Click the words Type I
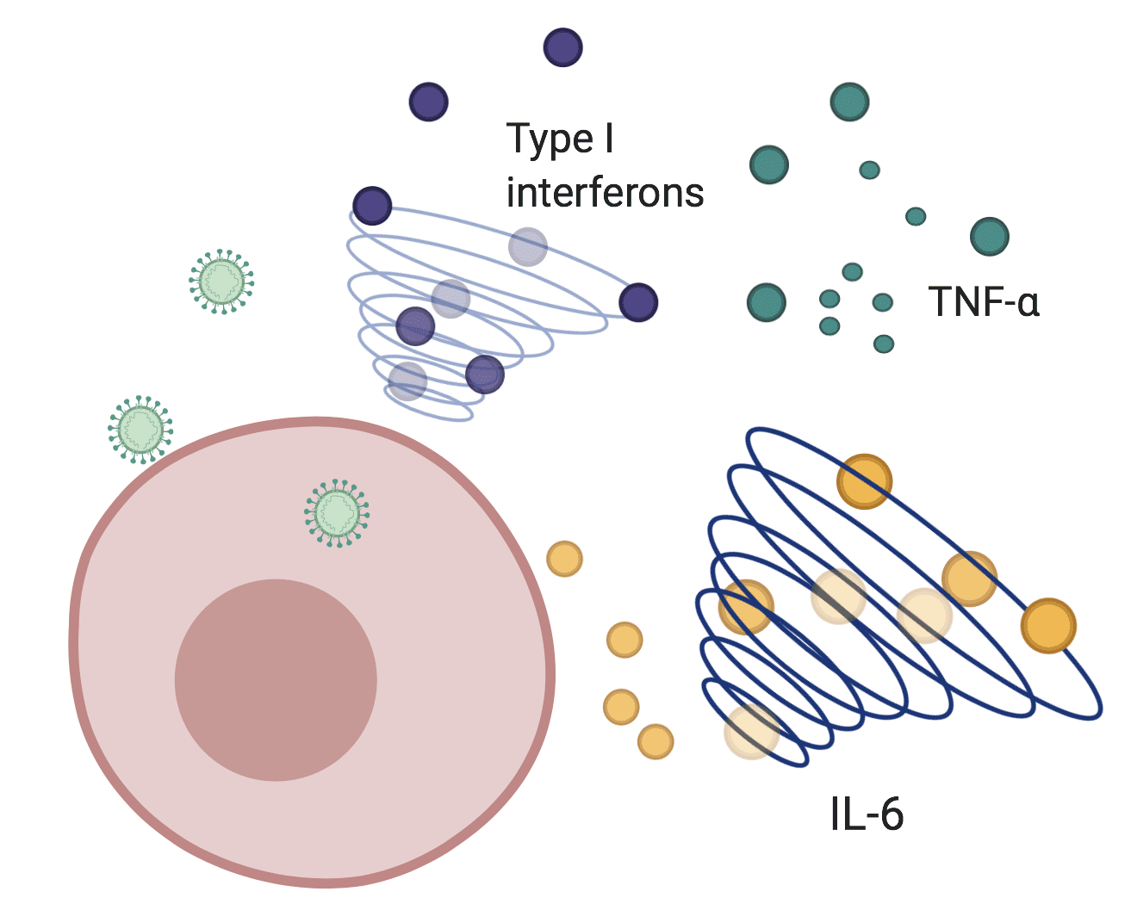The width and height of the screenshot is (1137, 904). click(x=560, y=139)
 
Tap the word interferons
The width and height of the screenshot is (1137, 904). click(x=605, y=193)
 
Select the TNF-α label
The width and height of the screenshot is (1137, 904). click(x=984, y=302)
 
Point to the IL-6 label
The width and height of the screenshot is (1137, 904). click(x=867, y=814)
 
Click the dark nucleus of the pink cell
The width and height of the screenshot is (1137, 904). click(x=276, y=679)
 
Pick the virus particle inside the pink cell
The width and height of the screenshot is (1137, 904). click(x=337, y=514)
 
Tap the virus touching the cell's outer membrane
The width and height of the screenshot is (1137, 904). click(x=140, y=430)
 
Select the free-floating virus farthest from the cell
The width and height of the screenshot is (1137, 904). click(x=221, y=281)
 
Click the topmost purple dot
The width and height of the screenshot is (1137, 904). click(x=563, y=47)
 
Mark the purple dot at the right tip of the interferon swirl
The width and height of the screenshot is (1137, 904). click(x=638, y=302)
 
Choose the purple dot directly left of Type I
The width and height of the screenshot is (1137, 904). click(x=428, y=102)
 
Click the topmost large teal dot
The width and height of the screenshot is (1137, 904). click(x=849, y=102)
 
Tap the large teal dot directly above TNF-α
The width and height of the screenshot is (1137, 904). click(x=989, y=236)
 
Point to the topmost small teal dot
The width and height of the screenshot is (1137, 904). click(x=869, y=170)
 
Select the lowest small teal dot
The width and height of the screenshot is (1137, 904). click(x=883, y=344)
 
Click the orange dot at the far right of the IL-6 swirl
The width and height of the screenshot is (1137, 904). click(x=1048, y=626)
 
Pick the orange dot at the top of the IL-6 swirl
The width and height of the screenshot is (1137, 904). click(x=864, y=481)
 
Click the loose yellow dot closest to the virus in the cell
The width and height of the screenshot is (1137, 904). click(x=564, y=559)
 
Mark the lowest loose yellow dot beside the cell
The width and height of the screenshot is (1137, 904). click(x=655, y=741)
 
